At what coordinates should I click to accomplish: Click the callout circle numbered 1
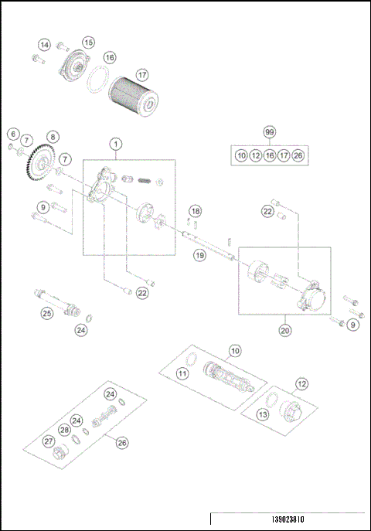tap(115, 144)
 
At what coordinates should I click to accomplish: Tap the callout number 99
tap(269, 133)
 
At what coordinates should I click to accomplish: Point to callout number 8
tap(53, 137)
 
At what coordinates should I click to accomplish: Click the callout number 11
tap(182, 373)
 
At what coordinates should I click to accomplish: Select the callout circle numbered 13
tap(264, 415)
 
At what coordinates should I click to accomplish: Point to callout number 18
tap(196, 211)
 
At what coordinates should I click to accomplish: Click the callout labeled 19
tap(200, 254)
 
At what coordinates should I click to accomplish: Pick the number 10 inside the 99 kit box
tap(241, 155)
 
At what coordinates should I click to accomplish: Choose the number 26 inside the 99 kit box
tap(298, 155)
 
